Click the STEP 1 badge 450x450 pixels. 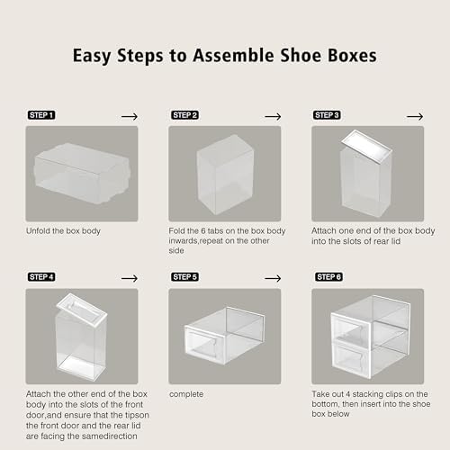[41, 116]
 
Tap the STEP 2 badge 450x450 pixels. [184, 116]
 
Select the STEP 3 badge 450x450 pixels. [327, 116]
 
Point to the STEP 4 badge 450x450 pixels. [41, 277]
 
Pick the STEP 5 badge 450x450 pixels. [184, 277]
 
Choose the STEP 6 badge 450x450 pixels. [327, 277]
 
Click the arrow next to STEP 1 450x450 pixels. [130, 116]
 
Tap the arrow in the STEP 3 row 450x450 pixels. [414, 116]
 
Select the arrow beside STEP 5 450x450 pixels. [272, 277]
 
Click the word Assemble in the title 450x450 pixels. [241, 56]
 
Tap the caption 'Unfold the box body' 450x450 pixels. [65, 231]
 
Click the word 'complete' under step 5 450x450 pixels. [184, 393]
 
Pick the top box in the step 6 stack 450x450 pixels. [367, 319]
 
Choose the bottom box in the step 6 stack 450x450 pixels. [367, 357]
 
